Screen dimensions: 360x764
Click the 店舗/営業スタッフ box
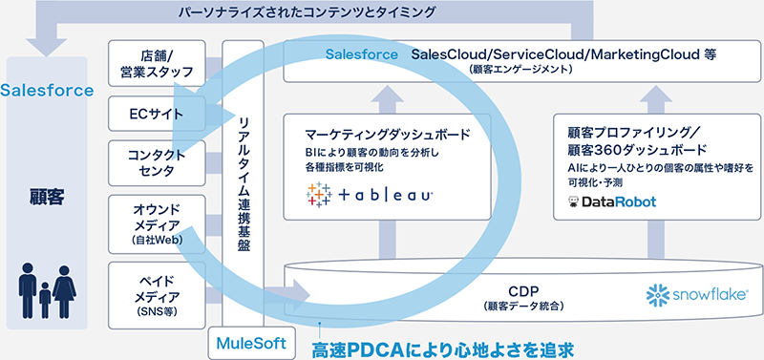[155, 60]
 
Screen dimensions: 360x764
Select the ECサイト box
[155, 116]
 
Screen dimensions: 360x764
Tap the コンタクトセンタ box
[155, 163]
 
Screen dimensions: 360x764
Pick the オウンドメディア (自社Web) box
[155, 223]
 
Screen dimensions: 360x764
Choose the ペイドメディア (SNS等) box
[155, 290]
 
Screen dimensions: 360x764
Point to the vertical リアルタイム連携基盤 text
[244, 180]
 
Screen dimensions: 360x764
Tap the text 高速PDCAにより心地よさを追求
[445, 345]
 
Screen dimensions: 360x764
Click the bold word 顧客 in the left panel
[46, 202]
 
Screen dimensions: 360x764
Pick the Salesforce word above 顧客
[47, 91]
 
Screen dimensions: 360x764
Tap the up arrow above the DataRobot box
[658, 95]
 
